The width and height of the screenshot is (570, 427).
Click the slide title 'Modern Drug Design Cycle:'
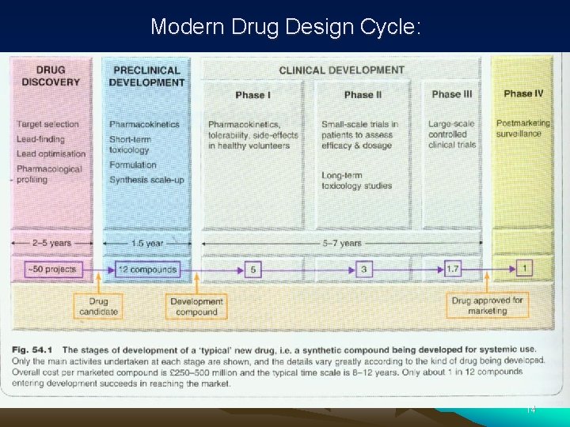(x=286, y=27)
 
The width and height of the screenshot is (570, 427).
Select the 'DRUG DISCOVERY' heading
(x=51, y=76)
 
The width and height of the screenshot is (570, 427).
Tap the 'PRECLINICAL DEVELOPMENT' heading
(x=146, y=76)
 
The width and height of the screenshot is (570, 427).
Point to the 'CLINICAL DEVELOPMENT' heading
(x=341, y=70)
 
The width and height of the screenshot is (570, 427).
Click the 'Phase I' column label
(x=253, y=95)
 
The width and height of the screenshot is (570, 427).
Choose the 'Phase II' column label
(x=363, y=95)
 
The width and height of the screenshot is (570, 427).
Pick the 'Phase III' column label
(x=451, y=94)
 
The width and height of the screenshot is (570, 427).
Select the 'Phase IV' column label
(x=522, y=93)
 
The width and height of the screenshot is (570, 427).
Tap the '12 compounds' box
(x=146, y=269)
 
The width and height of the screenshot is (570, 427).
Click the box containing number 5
(x=253, y=270)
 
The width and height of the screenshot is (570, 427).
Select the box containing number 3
(x=363, y=270)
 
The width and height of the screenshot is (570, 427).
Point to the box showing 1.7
(x=452, y=269)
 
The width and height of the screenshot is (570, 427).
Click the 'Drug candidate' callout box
(x=99, y=306)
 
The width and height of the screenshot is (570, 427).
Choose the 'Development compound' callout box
(x=196, y=306)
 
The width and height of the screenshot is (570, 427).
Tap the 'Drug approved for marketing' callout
(x=487, y=306)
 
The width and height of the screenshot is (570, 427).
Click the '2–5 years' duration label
(x=52, y=243)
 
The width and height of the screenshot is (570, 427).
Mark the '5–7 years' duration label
(x=341, y=243)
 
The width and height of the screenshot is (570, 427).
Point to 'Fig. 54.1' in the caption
(x=36, y=350)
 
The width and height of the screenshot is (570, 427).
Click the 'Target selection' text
(x=48, y=124)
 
